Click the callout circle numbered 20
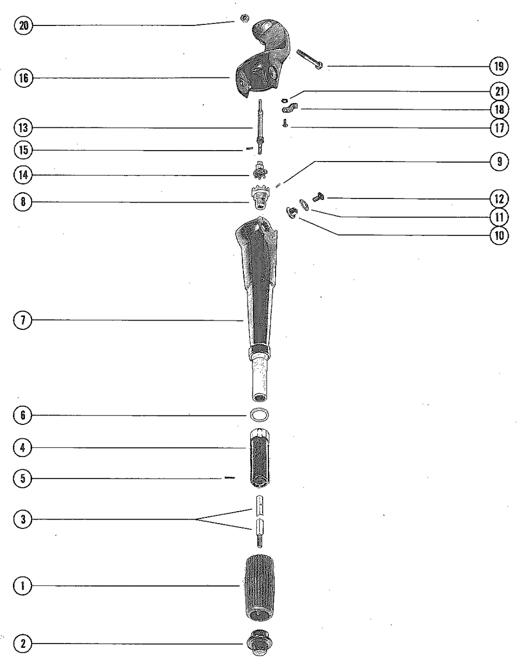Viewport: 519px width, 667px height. pyautogui.click(x=23, y=25)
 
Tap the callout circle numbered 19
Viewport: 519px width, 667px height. pyautogui.click(x=498, y=66)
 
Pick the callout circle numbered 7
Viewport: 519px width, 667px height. pyautogui.click(x=23, y=321)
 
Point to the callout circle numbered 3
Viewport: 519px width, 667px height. pyautogui.click(x=23, y=518)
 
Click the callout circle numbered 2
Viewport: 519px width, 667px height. pyautogui.click(x=23, y=644)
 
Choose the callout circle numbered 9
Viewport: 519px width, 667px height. pyautogui.click(x=498, y=162)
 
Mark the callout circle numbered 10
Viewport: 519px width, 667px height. pyautogui.click(x=498, y=235)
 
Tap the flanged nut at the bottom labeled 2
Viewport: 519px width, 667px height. pyautogui.click(x=258, y=644)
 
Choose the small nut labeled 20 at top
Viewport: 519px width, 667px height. pyautogui.click(x=242, y=19)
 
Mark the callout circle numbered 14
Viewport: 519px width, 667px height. pyautogui.click(x=23, y=175)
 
